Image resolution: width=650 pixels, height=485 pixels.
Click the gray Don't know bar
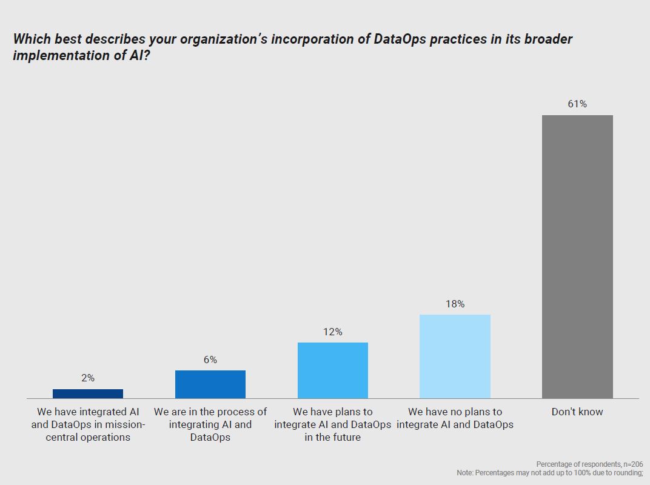point(577,256)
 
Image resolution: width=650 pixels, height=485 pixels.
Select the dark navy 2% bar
point(88,393)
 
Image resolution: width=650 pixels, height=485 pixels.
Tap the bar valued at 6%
point(210,384)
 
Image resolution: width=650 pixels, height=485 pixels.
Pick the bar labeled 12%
point(333,370)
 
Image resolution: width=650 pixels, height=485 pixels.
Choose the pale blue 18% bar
point(455,356)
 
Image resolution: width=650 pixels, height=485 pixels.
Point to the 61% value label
point(577,104)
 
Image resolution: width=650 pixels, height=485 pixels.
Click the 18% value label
point(455,304)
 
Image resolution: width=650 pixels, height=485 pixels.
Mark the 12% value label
point(333,332)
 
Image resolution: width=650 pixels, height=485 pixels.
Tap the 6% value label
point(210,360)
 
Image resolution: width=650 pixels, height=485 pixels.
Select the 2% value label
point(88,378)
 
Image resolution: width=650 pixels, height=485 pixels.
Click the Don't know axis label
point(577,412)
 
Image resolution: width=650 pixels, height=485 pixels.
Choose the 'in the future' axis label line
point(333,437)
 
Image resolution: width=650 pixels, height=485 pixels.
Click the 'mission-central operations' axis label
point(88,430)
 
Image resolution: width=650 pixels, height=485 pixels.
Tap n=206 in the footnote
point(631,464)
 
